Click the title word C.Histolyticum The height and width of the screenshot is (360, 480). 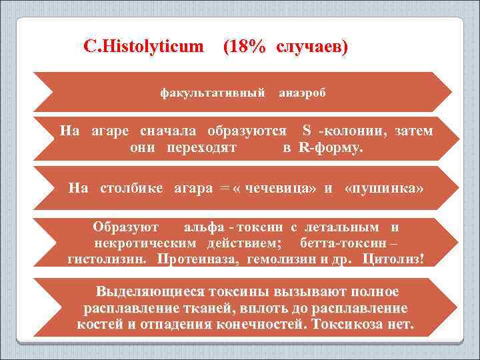[x=144, y=47]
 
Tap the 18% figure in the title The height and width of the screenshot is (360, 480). [x=245, y=47]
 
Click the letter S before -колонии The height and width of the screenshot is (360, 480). [x=307, y=130]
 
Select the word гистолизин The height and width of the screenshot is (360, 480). [x=109, y=258]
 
